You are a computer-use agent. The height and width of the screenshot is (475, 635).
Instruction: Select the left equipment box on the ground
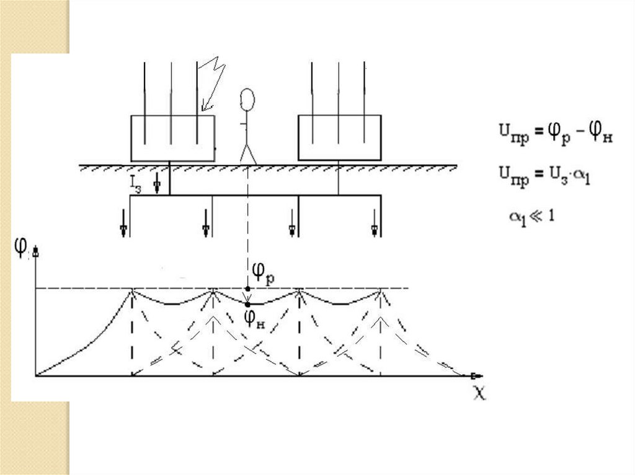[172, 138]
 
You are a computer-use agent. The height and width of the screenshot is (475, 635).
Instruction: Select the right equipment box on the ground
[339, 137]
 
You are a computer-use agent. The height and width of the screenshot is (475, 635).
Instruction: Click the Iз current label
[135, 184]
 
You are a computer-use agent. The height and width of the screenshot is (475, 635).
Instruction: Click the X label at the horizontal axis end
[479, 394]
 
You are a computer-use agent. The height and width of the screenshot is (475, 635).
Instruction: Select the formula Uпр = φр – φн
[556, 133]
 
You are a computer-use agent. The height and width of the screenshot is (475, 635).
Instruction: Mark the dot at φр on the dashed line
[248, 289]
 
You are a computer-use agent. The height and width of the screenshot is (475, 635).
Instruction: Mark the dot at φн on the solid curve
[248, 303]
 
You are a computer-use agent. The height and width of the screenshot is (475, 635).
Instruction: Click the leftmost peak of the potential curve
[132, 290]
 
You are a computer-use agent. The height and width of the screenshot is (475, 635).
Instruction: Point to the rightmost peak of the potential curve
[380, 290]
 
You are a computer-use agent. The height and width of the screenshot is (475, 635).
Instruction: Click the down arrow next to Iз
[158, 183]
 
